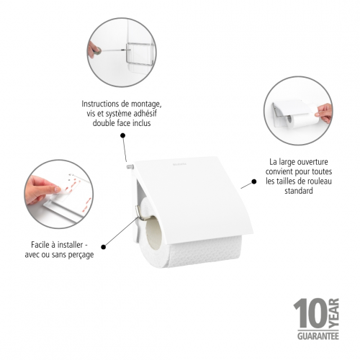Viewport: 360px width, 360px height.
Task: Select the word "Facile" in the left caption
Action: tap(40, 245)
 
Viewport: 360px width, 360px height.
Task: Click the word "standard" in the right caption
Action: tap(299, 191)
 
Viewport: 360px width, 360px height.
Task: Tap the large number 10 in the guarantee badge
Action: tap(310, 313)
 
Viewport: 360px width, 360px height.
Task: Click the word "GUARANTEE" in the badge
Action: tap(318, 336)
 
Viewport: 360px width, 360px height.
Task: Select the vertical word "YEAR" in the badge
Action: tap(333, 313)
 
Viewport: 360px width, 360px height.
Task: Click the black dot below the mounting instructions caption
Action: tap(123, 135)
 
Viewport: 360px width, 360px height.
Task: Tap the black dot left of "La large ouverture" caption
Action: tap(253, 181)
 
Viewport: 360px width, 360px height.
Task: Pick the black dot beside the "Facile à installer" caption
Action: tap(104, 247)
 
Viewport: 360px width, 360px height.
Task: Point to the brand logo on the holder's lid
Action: tap(179, 164)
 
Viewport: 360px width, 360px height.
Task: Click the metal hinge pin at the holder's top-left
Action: tap(130, 166)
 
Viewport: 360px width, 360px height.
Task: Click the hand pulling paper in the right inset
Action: tap(324, 113)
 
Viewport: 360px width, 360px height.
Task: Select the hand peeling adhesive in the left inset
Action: tap(41, 189)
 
